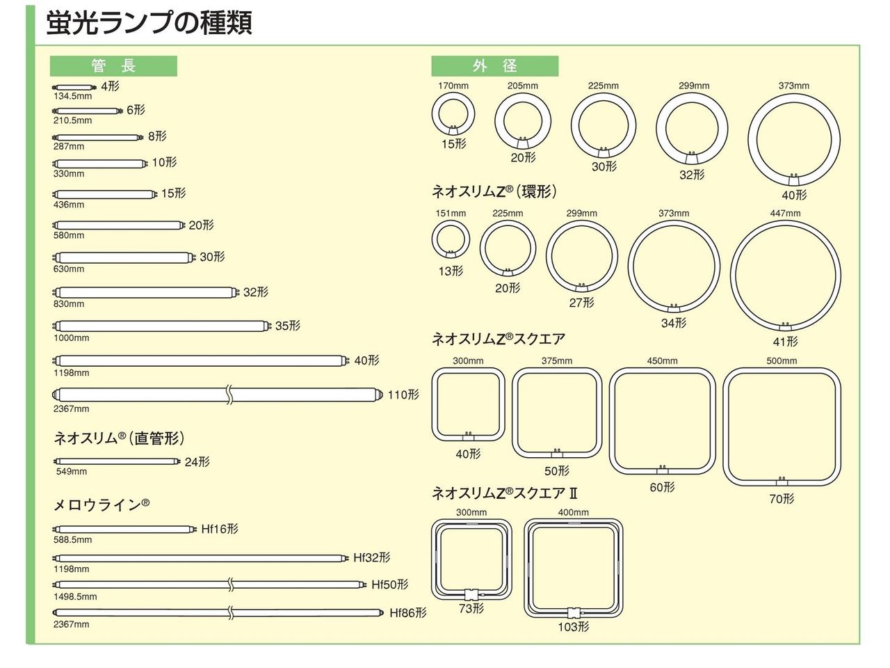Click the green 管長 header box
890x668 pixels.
click(x=113, y=66)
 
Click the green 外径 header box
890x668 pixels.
click(x=494, y=66)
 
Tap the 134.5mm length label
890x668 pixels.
click(x=73, y=97)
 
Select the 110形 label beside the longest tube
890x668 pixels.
click(x=403, y=395)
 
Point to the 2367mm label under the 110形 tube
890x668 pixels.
click(x=72, y=408)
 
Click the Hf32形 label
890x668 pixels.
click(x=371, y=557)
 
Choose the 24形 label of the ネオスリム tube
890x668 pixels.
click(x=197, y=462)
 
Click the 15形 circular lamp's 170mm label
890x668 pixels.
click(x=453, y=86)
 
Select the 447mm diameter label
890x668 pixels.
click(x=785, y=213)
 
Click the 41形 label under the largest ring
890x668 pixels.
click(x=785, y=342)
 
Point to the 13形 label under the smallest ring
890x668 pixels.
click(x=451, y=271)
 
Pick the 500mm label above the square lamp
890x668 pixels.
click(x=782, y=360)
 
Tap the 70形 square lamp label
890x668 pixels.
click(x=782, y=498)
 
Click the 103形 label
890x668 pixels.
click(x=574, y=626)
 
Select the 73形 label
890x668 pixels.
click(x=471, y=608)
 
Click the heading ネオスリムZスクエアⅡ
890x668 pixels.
click(x=505, y=493)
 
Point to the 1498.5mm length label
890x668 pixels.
click(x=75, y=596)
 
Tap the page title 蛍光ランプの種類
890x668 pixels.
click(x=149, y=22)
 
